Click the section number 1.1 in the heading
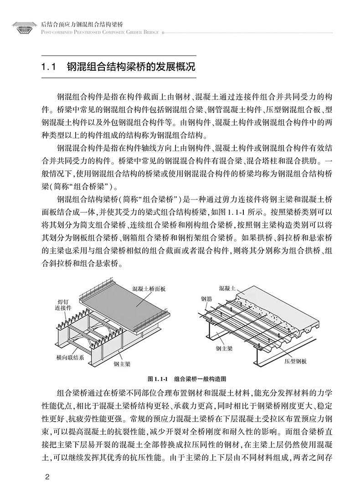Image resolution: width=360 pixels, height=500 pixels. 48,68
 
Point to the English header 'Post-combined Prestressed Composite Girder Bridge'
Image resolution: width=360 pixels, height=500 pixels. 100,33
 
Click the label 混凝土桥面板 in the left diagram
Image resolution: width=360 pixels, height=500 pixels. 149,289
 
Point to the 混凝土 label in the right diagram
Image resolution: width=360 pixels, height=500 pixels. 227,288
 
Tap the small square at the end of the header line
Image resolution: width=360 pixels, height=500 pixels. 163,33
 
